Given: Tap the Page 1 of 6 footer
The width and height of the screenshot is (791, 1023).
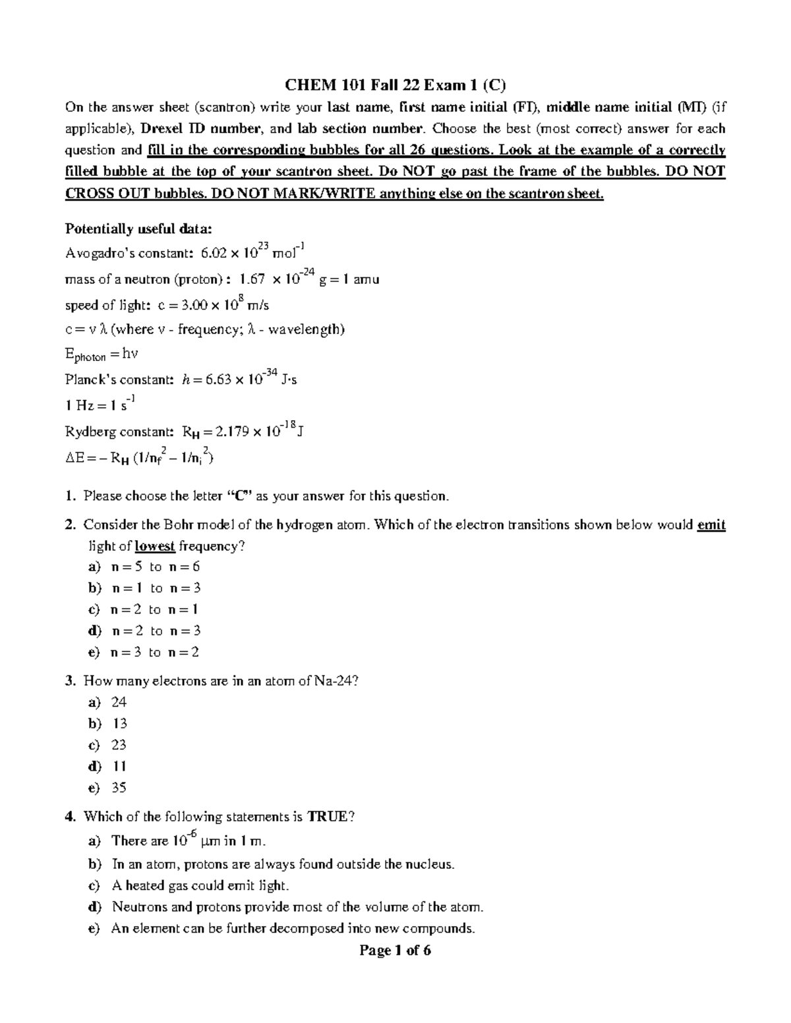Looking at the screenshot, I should click(395, 950).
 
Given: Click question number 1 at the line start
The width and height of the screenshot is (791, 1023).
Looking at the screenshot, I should click(70, 496).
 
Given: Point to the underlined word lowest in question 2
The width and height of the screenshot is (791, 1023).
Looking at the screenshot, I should click(155, 546).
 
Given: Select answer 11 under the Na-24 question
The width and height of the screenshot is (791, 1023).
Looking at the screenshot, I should click(119, 766).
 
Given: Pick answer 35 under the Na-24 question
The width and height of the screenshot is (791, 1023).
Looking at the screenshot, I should click(119, 787).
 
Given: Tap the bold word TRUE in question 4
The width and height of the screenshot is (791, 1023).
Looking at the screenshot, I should click(327, 817).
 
